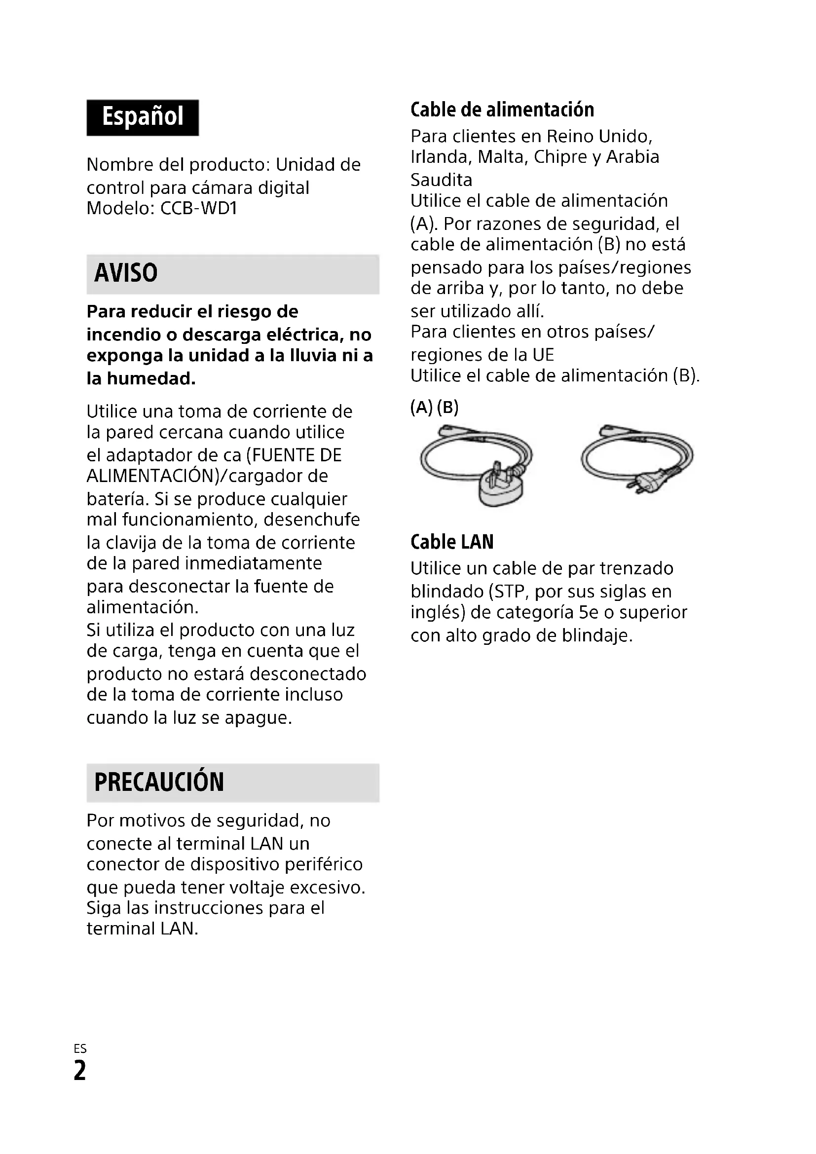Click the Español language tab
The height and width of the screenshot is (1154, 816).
143,117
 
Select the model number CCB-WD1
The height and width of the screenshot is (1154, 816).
198,208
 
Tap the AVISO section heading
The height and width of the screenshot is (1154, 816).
126,273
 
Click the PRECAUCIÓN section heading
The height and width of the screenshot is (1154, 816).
159,782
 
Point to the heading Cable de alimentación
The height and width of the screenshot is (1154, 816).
502,110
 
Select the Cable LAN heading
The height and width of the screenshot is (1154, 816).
452,542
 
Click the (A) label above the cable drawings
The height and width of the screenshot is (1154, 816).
421,407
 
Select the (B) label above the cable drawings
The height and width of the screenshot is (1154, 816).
447,407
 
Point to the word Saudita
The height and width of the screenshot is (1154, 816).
441,180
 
